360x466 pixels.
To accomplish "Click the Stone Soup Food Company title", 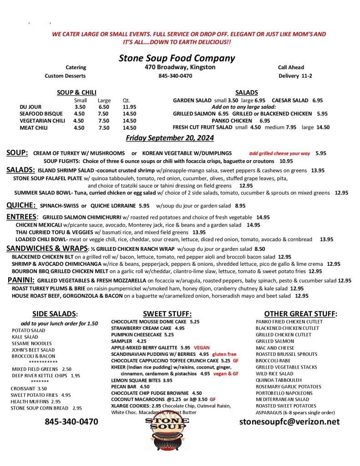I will pyautogui.click(x=177, y=58).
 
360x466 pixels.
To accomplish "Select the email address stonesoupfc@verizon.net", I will pyautogui.click(x=289, y=421).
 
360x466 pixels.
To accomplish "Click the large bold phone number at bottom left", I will pyautogui.click(x=71, y=421).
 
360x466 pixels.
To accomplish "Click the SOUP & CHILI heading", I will pyautogui.click(x=76, y=92).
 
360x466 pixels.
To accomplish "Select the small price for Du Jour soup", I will pyautogui.click(x=80, y=107).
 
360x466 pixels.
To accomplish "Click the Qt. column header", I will pyautogui.click(x=126, y=100).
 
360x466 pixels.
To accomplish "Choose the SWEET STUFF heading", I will pyautogui.click(x=167, y=314).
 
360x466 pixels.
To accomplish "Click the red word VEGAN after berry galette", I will pyautogui.click(x=202, y=347).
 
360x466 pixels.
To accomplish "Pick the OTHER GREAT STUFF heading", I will pyautogui.click(x=300, y=314).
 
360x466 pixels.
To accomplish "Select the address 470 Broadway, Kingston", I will pyautogui.click(x=177, y=67).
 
